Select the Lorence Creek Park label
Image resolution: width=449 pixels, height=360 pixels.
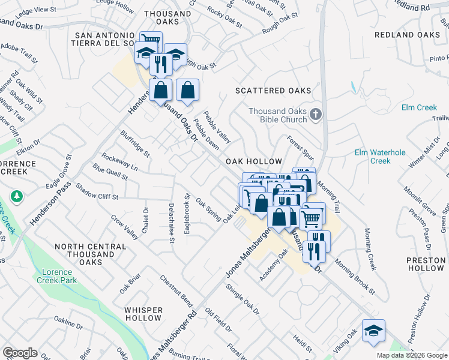coord(60,276)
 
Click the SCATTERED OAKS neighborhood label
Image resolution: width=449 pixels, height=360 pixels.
coord(273,91)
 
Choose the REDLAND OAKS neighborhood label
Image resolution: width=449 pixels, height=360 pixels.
coord(407,35)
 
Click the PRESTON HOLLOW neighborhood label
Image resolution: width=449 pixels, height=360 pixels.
coord(425,264)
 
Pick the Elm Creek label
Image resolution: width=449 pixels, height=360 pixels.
coord(419,107)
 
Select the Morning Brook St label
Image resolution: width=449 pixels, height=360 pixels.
coord(355,272)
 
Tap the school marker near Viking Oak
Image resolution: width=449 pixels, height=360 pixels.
coord(373,331)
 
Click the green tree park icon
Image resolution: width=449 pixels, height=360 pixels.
coord(17,196)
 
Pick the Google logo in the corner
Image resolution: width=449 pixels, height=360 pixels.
coord(20,353)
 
